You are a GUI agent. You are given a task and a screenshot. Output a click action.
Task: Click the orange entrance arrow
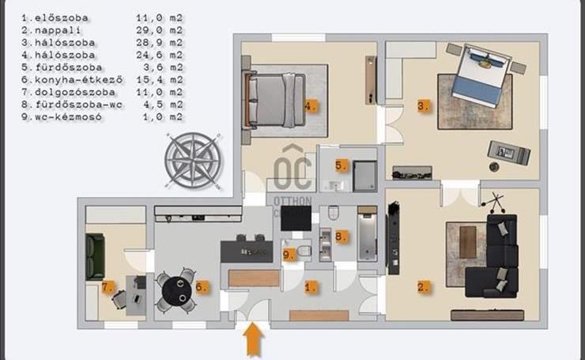[253, 339]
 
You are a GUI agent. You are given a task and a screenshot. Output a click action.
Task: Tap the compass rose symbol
[193, 161]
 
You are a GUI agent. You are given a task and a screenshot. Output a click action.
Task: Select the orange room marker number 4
[310, 106]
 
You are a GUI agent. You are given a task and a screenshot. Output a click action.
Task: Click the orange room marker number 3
[423, 106]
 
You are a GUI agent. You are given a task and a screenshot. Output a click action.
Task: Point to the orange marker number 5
[341, 165]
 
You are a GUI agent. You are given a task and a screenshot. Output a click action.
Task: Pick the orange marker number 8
[341, 236]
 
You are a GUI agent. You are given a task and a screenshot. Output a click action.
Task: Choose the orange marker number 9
[289, 255]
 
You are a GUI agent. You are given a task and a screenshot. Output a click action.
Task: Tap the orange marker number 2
[423, 287]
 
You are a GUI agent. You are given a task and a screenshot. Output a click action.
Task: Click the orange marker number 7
[107, 287]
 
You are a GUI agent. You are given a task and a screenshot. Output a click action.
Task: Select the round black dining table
[177, 290]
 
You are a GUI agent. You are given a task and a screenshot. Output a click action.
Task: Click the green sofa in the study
[95, 257]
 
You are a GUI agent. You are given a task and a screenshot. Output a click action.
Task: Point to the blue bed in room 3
[481, 76]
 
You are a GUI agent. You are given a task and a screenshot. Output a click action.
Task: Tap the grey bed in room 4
[275, 100]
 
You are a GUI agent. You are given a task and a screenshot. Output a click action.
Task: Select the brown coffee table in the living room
[468, 242]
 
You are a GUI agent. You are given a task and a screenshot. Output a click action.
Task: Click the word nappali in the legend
[57, 30]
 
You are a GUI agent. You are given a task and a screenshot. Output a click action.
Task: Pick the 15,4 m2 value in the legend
[160, 80]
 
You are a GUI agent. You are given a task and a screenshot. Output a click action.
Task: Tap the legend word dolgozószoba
[75, 92]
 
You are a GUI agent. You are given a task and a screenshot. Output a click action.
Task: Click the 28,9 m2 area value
[160, 42]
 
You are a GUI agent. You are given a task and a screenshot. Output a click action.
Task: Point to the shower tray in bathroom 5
[365, 176]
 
